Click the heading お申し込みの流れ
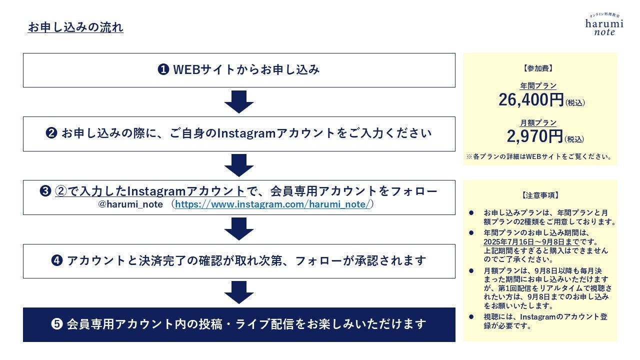click(x=75, y=27)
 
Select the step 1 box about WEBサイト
click(x=239, y=70)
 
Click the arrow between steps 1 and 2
click(x=239, y=102)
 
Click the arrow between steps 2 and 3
click(x=239, y=165)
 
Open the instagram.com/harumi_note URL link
click(x=272, y=204)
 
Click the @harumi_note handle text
click(x=131, y=204)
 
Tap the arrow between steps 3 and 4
click(x=239, y=229)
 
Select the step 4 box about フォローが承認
click(x=239, y=261)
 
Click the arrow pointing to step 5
click(x=239, y=292)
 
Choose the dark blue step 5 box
click(x=239, y=324)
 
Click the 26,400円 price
click(x=531, y=100)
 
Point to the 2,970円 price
click(x=534, y=136)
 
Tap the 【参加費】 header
click(x=540, y=68)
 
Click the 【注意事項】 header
click(x=540, y=195)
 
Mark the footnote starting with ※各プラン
click(x=539, y=156)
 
